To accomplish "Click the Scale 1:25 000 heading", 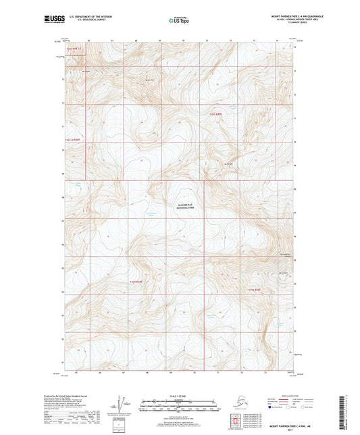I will pos(180,395).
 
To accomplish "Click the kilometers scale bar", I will pos(180,401).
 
